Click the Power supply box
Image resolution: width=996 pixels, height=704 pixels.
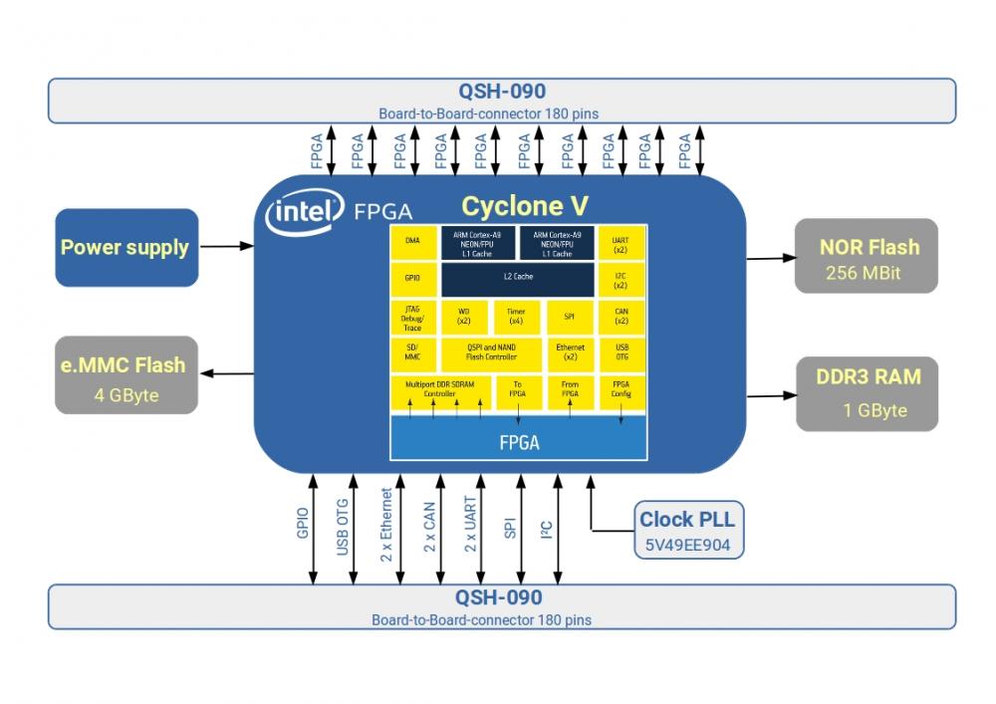pyautogui.click(x=125, y=247)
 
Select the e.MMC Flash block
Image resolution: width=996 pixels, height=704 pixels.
pyautogui.click(x=125, y=375)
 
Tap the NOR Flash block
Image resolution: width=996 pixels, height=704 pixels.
pyautogui.click(x=867, y=256)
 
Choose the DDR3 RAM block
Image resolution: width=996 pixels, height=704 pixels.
pyautogui.click(x=867, y=393)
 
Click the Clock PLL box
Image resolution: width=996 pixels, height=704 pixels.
pyautogui.click(x=687, y=531)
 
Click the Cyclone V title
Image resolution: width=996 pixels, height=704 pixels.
pyautogui.click(x=525, y=207)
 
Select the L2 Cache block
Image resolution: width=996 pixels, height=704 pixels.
pyautogui.click(x=518, y=277)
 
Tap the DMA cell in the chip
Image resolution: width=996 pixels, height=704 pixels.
pyautogui.click(x=412, y=241)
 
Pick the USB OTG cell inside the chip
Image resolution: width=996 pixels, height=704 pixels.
pyautogui.click(x=621, y=352)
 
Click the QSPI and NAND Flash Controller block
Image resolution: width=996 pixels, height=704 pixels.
pyautogui.click(x=491, y=352)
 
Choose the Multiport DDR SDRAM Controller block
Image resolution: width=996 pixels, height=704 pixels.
pyautogui.click(x=438, y=388)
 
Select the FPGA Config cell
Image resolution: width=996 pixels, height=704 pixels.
pyautogui.click(x=621, y=388)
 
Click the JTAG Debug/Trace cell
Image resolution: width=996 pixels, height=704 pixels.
pyautogui.click(x=412, y=317)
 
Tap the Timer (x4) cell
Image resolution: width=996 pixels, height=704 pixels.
pyautogui.click(x=516, y=317)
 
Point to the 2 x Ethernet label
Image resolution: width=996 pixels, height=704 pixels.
pyautogui.click(x=387, y=526)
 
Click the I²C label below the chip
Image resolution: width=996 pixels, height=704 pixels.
pyautogui.click(x=546, y=532)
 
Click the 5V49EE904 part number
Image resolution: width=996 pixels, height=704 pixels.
pyautogui.click(x=687, y=546)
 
